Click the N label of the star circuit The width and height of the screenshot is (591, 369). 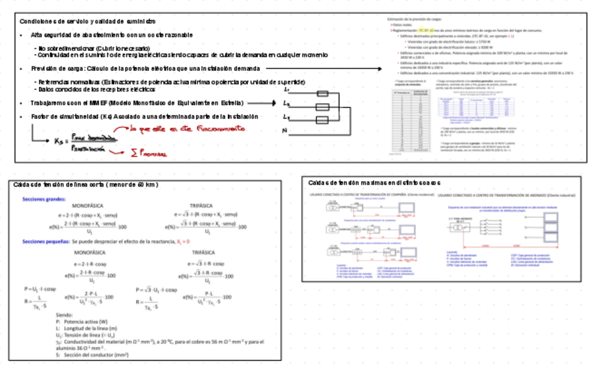point(286,131)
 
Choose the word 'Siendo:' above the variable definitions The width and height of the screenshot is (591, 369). point(65,315)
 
